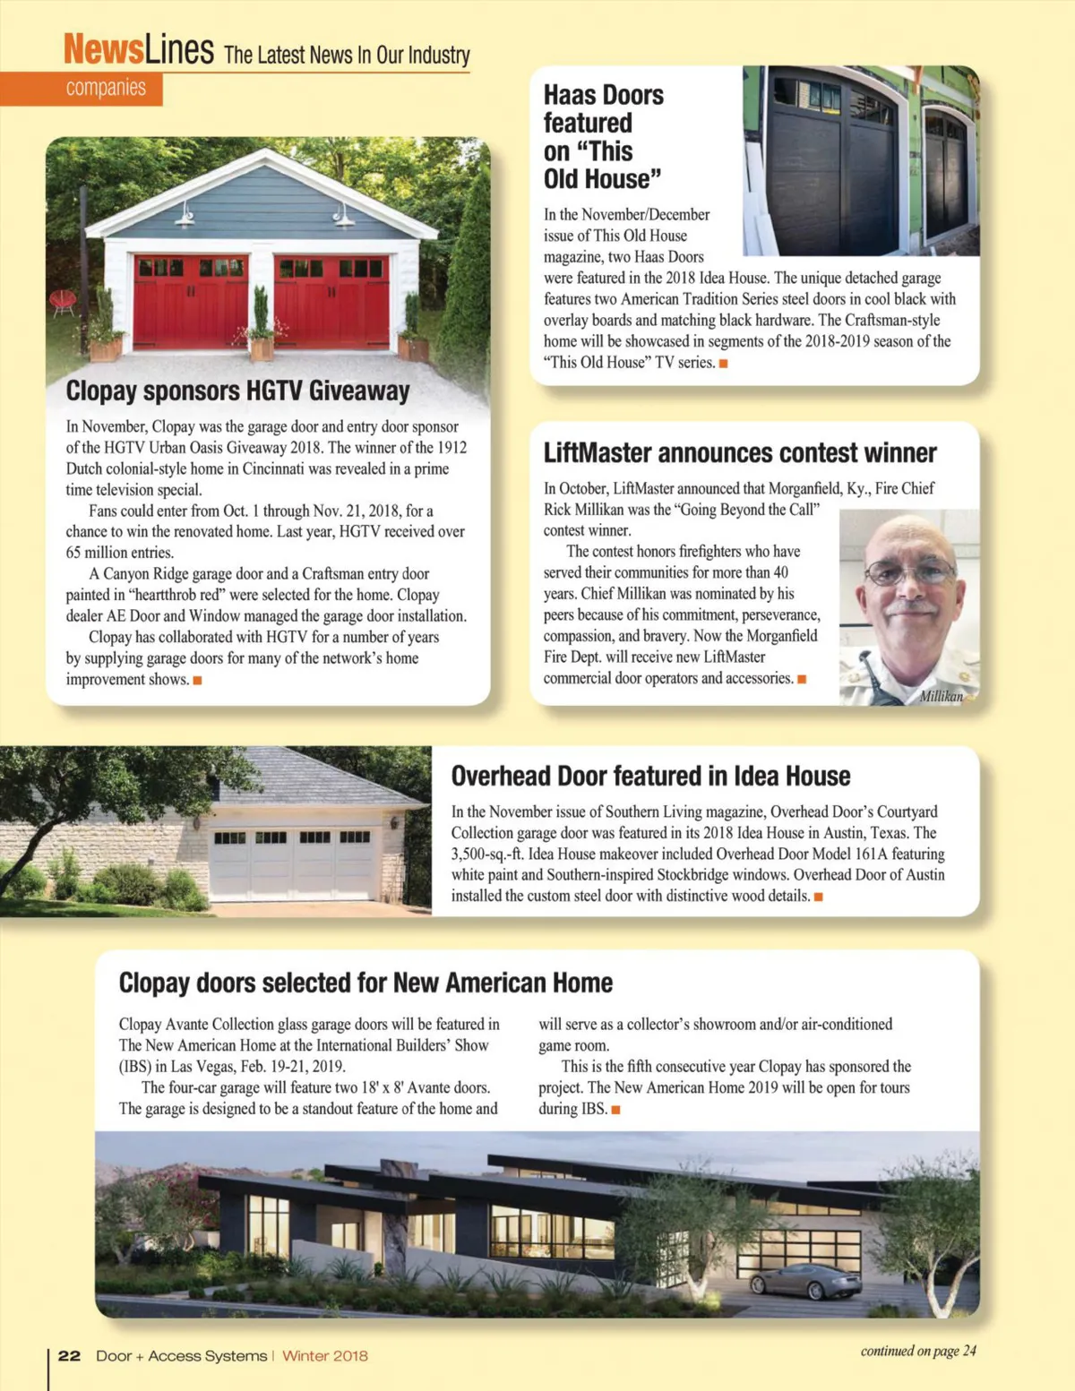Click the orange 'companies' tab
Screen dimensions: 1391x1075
(x=105, y=88)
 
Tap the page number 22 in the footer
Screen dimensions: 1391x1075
(x=69, y=1356)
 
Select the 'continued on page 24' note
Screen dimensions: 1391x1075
(x=917, y=1351)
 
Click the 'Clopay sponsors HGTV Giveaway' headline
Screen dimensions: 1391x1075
(x=237, y=391)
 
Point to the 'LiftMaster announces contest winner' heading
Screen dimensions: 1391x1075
(x=739, y=453)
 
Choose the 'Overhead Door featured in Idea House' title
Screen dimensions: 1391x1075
(x=650, y=776)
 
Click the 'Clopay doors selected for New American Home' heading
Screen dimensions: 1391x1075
(x=365, y=983)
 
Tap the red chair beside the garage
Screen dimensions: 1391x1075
(x=63, y=302)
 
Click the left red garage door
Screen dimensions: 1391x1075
(x=190, y=302)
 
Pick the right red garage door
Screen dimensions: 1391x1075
(x=331, y=302)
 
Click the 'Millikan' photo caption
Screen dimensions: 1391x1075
(x=941, y=696)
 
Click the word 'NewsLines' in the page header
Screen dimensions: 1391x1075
(x=138, y=49)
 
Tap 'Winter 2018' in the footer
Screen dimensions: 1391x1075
(x=325, y=1356)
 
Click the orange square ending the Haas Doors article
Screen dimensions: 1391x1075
(x=723, y=363)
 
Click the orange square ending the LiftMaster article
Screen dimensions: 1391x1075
(x=802, y=679)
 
